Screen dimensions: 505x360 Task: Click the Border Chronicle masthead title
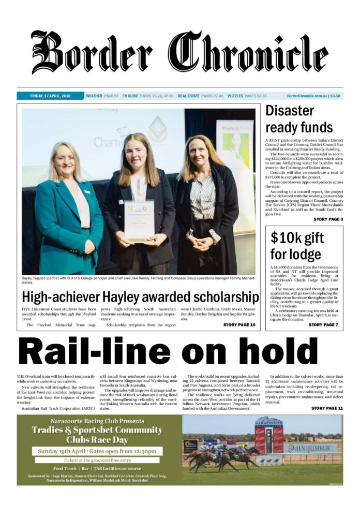pyautogui.click(x=179, y=53)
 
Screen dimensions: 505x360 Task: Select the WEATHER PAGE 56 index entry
pyautogui.click(x=102, y=96)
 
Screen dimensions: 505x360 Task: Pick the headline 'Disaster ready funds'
pyautogui.click(x=299, y=119)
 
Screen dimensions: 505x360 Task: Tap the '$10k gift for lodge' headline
pyautogui.click(x=297, y=246)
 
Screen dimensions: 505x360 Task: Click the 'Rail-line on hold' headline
pyautogui.click(x=179, y=351)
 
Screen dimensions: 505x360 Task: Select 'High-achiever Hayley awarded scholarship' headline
pyautogui.click(x=140, y=297)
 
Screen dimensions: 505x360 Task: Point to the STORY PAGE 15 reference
pyautogui.click(x=239, y=324)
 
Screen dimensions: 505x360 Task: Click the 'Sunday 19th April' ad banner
pyautogui.click(x=97, y=451)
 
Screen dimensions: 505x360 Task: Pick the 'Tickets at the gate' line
pyautogui.click(x=97, y=460)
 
